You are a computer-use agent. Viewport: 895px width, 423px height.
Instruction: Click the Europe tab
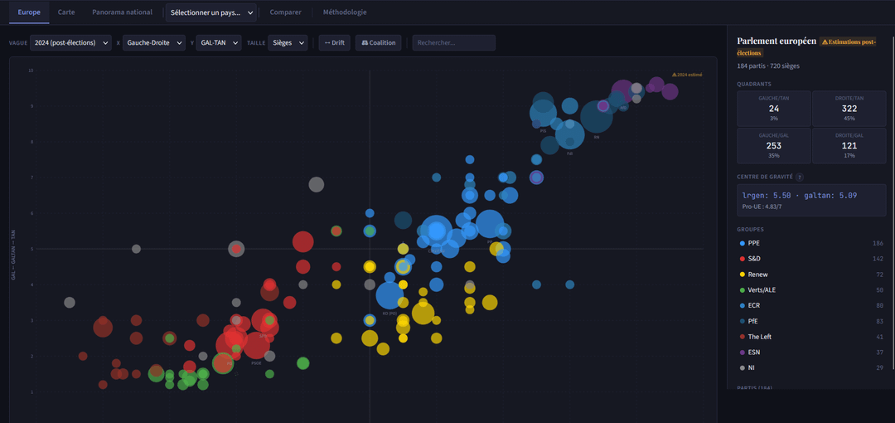29,12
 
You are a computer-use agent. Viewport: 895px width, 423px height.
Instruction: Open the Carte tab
66,12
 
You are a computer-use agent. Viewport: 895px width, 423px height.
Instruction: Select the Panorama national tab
122,12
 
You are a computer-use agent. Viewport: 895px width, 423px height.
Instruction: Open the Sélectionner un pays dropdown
211,12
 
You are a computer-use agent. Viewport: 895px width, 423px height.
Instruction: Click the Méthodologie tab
345,12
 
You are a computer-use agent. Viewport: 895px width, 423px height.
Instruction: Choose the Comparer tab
285,12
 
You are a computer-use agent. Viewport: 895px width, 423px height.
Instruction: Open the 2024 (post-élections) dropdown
70,42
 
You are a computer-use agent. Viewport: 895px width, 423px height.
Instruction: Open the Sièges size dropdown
288,42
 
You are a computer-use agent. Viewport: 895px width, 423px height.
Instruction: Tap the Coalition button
379,42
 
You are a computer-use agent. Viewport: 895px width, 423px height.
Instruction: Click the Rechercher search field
453,42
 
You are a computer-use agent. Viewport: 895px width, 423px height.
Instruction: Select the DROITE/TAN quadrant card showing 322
849,109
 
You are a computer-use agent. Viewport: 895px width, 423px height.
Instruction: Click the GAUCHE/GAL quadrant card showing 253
773,146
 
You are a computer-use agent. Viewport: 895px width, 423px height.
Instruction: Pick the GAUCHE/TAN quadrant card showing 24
773,109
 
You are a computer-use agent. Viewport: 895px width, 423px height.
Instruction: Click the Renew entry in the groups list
757,275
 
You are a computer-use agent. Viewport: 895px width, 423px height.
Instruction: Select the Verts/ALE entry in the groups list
762,290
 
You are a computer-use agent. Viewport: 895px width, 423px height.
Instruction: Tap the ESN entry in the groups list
754,352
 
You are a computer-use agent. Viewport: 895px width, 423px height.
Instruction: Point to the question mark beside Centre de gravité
800,177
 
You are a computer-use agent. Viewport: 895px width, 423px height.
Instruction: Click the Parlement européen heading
776,41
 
